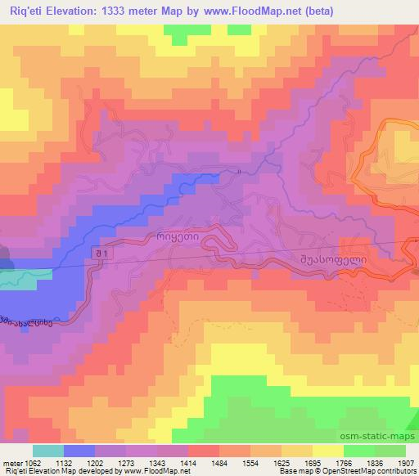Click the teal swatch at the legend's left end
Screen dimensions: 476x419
click(x=47, y=451)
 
